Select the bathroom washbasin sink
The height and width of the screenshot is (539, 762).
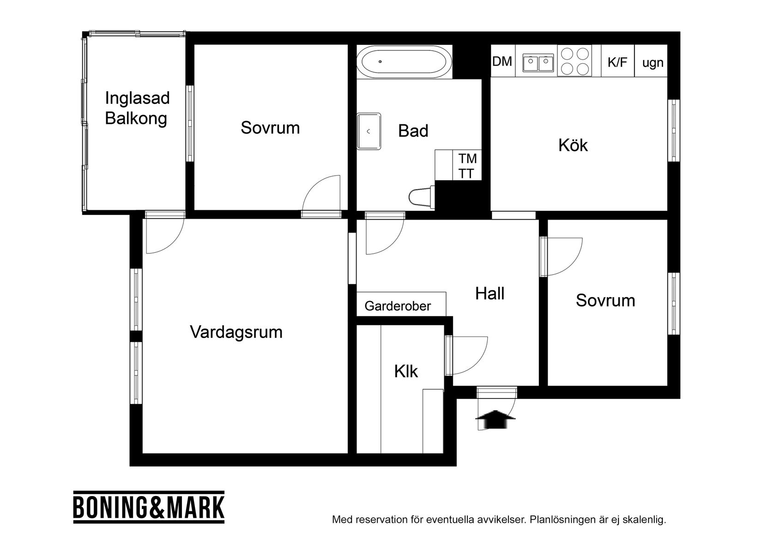[x=369, y=131]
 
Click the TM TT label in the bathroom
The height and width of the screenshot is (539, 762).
[x=467, y=166]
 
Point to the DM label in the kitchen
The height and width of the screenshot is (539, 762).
[x=502, y=61]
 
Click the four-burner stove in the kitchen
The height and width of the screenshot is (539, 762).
[x=575, y=61]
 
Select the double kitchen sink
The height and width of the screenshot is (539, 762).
[x=538, y=62]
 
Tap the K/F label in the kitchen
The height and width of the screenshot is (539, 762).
[x=617, y=62]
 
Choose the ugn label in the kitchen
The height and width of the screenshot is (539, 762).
[x=653, y=62]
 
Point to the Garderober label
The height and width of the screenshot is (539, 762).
[x=398, y=306]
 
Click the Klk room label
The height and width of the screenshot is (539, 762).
[x=406, y=371]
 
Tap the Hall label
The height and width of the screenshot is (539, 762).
[x=490, y=294]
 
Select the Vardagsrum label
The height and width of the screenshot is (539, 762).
[x=236, y=332]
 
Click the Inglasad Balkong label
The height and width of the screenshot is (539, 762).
[x=137, y=108]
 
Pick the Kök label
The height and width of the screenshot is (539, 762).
[x=573, y=145]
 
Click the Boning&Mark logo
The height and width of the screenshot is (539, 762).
[x=149, y=507]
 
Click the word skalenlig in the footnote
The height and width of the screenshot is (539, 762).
[x=644, y=520]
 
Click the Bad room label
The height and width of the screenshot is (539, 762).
[x=413, y=131]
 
